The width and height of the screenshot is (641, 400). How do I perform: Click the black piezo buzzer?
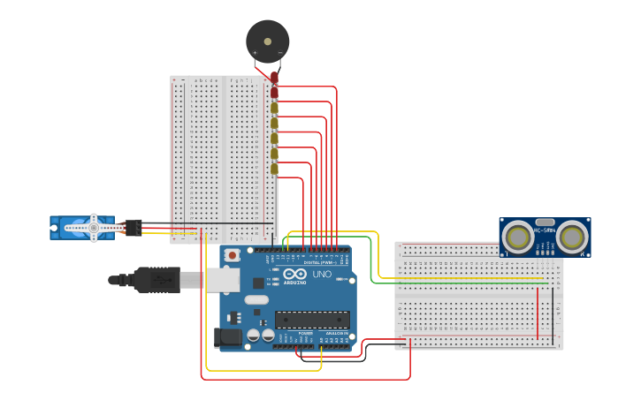(267, 41)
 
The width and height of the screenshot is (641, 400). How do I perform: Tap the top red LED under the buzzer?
(274, 78)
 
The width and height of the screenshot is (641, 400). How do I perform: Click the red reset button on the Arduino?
(233, 255)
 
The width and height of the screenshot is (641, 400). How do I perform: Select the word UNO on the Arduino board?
(322, 275)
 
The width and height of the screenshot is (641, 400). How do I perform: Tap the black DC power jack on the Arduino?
(227, 336)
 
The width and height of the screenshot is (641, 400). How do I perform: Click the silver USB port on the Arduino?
(222, 280)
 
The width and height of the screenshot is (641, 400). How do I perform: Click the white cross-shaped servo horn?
(94, 228)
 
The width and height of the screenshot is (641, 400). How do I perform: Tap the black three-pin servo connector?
(134, 227)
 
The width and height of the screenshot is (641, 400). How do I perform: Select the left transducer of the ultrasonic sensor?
(517, 237)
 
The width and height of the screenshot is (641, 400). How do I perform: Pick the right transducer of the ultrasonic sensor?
(573, 237)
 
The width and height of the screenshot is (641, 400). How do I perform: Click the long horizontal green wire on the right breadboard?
(469, 283)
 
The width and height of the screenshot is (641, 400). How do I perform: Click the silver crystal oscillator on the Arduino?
(256, 299)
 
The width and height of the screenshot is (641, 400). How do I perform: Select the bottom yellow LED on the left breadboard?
(274, 169)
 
